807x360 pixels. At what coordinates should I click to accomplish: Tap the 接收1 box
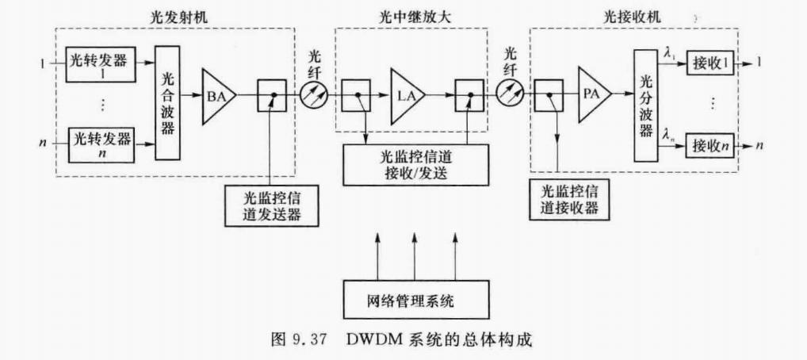712,63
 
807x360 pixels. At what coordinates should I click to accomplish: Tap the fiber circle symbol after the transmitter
313,98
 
